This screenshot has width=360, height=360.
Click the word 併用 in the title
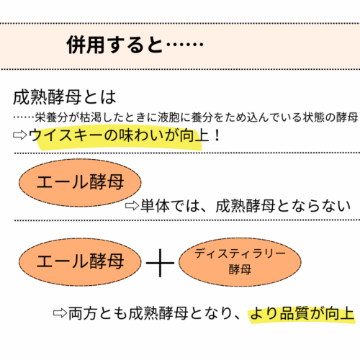point(86,45)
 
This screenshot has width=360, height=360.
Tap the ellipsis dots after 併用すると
point(185,45)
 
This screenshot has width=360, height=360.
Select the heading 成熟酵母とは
point(65,97)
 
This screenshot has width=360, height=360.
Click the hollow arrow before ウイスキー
point(20,135)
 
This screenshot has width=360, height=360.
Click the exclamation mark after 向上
point(217,135)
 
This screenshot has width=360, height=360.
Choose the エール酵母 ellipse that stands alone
point(80,182)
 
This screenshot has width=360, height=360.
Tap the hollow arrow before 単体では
point(132,206)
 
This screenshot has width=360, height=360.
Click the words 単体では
point(170,206)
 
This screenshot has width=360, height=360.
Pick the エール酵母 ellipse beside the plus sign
point(80,262)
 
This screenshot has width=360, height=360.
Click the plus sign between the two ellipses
point(160,263)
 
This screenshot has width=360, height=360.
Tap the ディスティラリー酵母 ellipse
point(240,262)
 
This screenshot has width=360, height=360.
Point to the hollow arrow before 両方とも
point(60,313)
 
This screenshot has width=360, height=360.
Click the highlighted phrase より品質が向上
point(302,313)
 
